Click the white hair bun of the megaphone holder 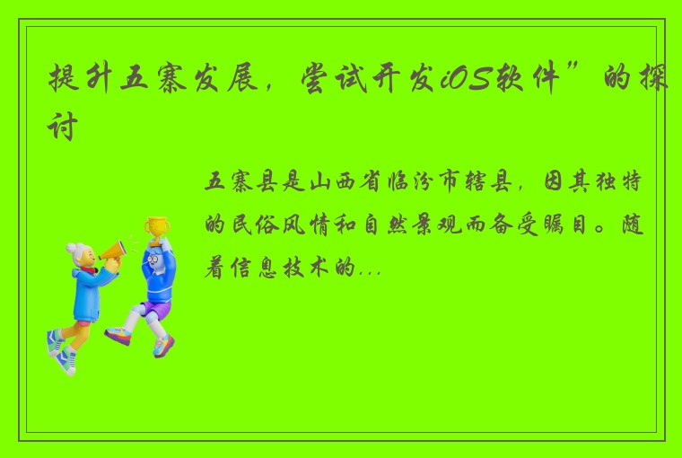pos(73,249)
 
